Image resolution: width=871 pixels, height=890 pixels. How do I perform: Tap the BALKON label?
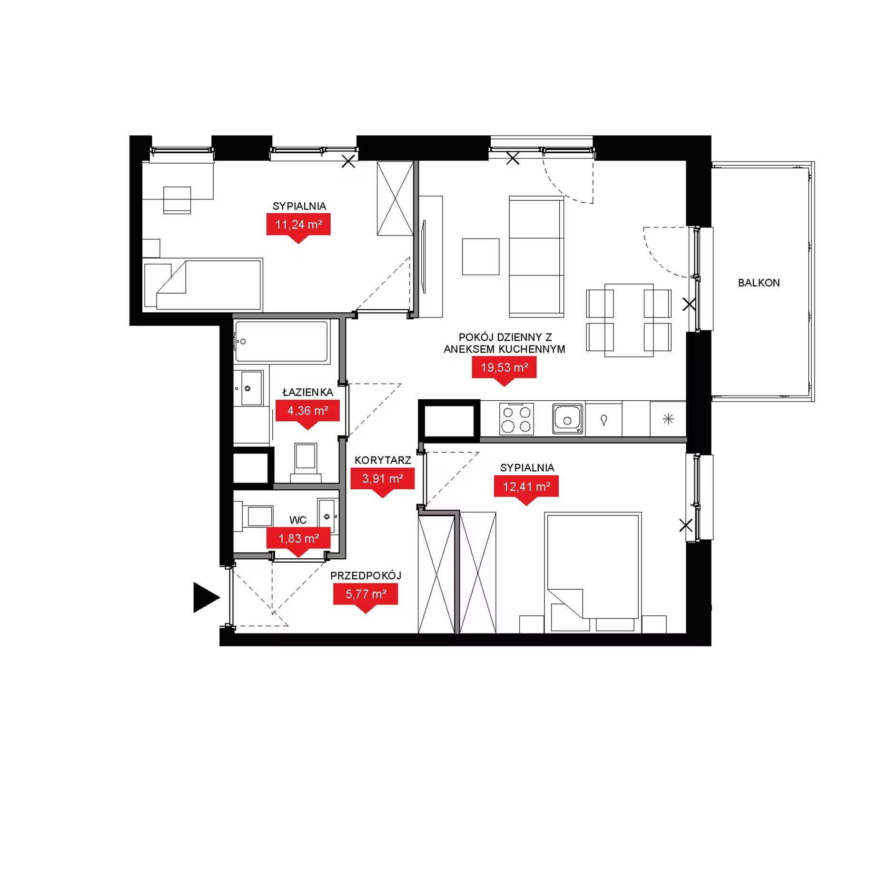pos(759,283)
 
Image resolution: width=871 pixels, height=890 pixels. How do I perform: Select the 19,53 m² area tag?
pos(504,370)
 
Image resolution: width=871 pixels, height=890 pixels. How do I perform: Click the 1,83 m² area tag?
pos(298,540)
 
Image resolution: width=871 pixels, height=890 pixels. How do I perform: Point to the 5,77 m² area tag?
pos(366,596)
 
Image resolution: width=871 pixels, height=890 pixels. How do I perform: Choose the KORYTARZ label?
pos(383,460)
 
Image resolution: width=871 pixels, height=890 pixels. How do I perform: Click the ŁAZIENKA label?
pos(307,392)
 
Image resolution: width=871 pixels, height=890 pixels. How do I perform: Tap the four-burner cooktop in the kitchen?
pos(516,419)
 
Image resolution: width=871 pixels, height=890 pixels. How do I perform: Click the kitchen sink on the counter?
pos(567,419)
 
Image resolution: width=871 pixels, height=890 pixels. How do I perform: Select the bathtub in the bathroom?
pos(281,341)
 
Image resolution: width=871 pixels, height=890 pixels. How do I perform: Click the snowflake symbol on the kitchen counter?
pos(668,419)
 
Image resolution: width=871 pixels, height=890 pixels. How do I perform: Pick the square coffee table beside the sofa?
pos(481,257)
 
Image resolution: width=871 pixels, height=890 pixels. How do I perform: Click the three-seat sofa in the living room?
pos(536,257)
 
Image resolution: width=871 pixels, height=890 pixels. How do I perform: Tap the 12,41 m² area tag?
pos(526,489)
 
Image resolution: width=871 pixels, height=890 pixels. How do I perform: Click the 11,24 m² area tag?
pos(298,227)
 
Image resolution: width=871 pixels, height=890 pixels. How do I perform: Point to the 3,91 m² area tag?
pos(383,481)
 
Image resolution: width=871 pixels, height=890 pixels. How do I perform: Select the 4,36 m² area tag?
pos(307,413)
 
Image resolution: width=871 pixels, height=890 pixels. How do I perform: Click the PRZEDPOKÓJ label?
pos(366,575)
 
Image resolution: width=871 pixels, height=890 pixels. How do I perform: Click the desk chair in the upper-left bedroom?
pos(177,200)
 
